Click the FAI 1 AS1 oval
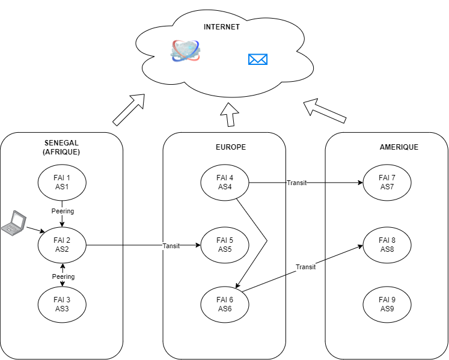coord(62,183)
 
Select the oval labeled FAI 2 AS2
coord(62,245)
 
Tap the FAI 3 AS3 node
coord(62,305)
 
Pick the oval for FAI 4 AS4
coord(225,183)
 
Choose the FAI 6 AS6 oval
coord(225,305)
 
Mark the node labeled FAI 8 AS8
coord(387,245)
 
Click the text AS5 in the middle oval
coord(225,249)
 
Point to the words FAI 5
coord(225,240)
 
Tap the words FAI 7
coord(387,178)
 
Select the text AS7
coord(387,187)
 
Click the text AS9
coord(387,309)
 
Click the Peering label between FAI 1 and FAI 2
coord(63,212)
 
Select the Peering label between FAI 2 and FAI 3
coord(63,277)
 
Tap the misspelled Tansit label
coord(171,246)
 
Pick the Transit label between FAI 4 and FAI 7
coord(296,183)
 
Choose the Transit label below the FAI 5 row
coord(305,267)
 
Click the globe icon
coord(185,51)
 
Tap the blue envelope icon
coord(258,59)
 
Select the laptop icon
coord(14,223)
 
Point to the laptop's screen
coord(18,221)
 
